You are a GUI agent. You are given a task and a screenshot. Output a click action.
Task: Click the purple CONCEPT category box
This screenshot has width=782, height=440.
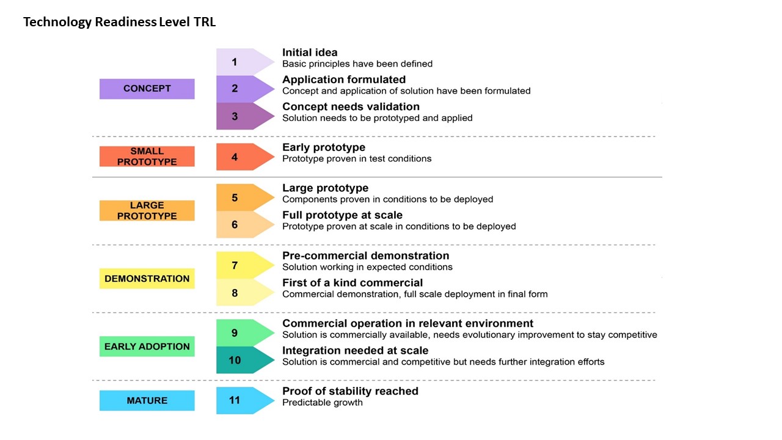coord(147,89)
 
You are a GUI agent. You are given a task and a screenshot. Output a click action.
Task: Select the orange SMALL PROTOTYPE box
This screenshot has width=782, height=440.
coord(147,156)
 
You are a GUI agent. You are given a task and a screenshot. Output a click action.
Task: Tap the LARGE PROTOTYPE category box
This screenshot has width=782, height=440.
coord(147,211)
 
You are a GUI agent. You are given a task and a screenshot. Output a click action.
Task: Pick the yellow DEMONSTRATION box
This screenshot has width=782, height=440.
coord(147,278)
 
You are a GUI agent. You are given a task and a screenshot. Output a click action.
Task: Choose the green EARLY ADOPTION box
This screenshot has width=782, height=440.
coord(147,346)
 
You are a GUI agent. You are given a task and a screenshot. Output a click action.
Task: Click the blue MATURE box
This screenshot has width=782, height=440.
coord(147,400)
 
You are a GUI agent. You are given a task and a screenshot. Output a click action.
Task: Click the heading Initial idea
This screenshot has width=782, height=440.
coord(310,53)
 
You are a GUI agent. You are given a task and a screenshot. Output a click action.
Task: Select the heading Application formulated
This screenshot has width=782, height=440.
coord(344,79)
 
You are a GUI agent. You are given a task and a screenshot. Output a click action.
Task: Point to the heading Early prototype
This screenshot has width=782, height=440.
coord(324,147)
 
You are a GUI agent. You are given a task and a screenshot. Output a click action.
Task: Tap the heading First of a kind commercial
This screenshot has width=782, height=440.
coord(353,282)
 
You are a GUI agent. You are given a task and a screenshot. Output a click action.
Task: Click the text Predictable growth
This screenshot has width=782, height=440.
coord(322,403)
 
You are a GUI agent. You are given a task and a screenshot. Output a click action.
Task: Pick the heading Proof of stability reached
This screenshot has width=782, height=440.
coord(350,391)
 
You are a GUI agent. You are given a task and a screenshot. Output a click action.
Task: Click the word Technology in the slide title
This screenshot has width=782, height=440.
coord(57,22)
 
